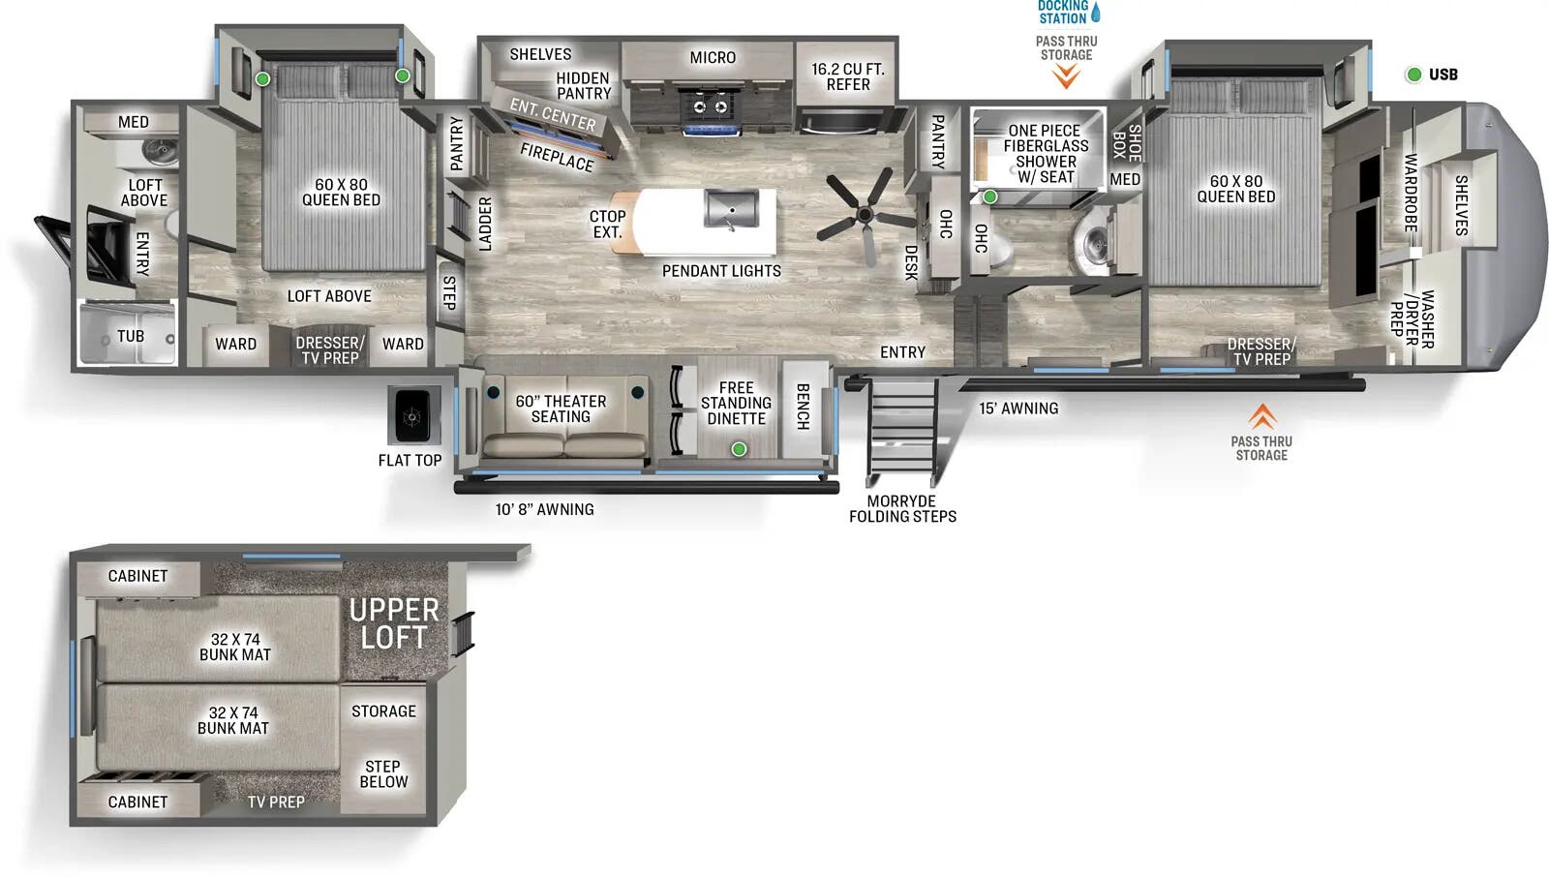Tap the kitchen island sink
coord(732,209)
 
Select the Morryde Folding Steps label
coord(902,509)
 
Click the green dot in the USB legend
coord(1413,75)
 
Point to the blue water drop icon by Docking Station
coord(1096,13)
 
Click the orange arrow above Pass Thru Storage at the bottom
coord(1261,416)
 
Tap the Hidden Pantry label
coord(584,86)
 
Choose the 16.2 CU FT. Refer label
coord(848,77)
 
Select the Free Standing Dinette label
coord(736,403)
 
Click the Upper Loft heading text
coord(394,623)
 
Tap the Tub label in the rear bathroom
coord(131,336)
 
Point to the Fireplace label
coord(557,156)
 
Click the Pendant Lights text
coord(721,271)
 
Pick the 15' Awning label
coord(1018,408)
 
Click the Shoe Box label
coord(1127,142)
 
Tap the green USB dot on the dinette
coord(739,449)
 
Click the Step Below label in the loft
coord(383,773)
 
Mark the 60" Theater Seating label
coord(561,408)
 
